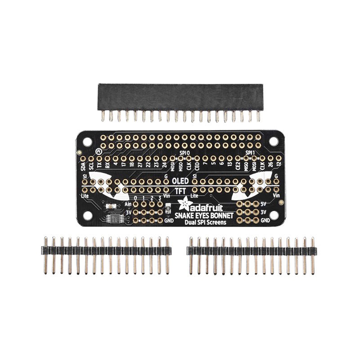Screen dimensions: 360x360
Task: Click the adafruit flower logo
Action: point(184,205)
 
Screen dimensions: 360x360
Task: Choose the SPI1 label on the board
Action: point(251,153)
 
